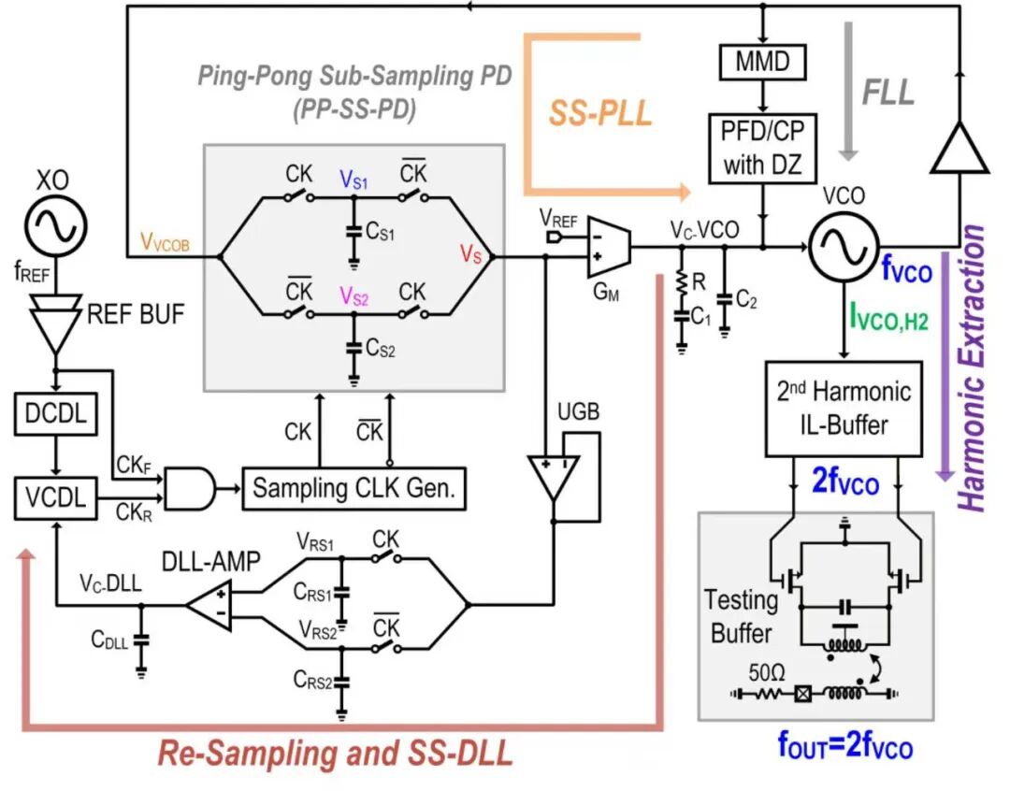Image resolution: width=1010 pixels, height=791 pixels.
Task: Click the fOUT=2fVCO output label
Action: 844,746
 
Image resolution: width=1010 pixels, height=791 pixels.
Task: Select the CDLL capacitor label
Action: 110,640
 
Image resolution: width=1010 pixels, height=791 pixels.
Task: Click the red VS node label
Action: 470,252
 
